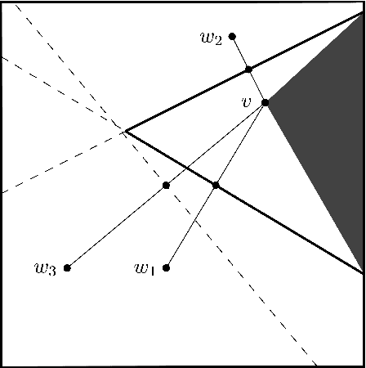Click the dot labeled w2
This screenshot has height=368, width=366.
232,36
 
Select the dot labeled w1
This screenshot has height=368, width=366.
167,267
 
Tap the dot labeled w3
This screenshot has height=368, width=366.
67,267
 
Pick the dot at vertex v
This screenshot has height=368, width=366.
265,103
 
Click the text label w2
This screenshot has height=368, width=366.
211,37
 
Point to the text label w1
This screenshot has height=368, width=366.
145,268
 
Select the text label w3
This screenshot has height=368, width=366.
45,268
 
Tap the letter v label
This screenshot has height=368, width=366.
246,102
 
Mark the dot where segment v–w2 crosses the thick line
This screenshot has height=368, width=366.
249,69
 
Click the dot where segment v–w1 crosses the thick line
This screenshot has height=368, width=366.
216,186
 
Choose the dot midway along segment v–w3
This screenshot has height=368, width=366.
166,186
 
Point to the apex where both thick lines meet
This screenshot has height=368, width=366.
124,130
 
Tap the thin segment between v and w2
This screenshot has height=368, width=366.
240,52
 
